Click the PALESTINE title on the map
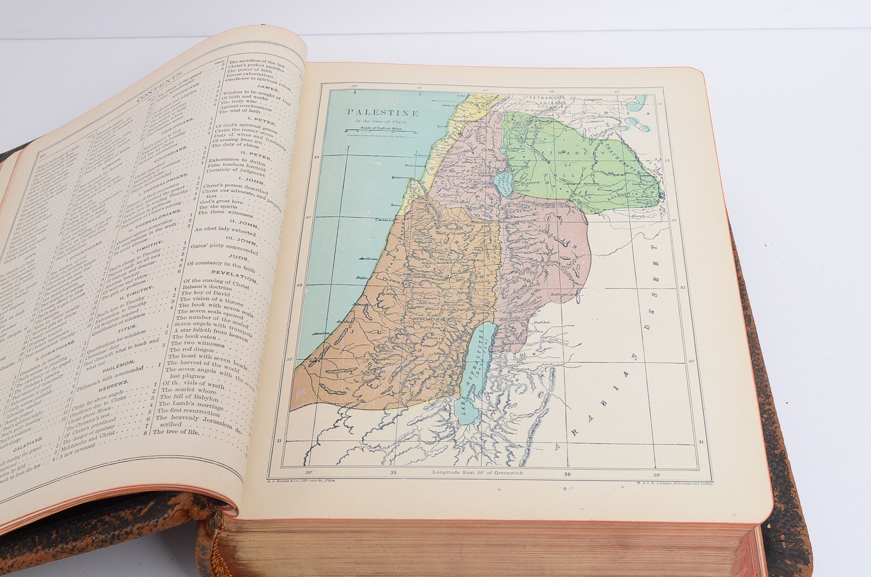coord(383,113)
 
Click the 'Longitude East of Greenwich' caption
coord(478,472)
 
